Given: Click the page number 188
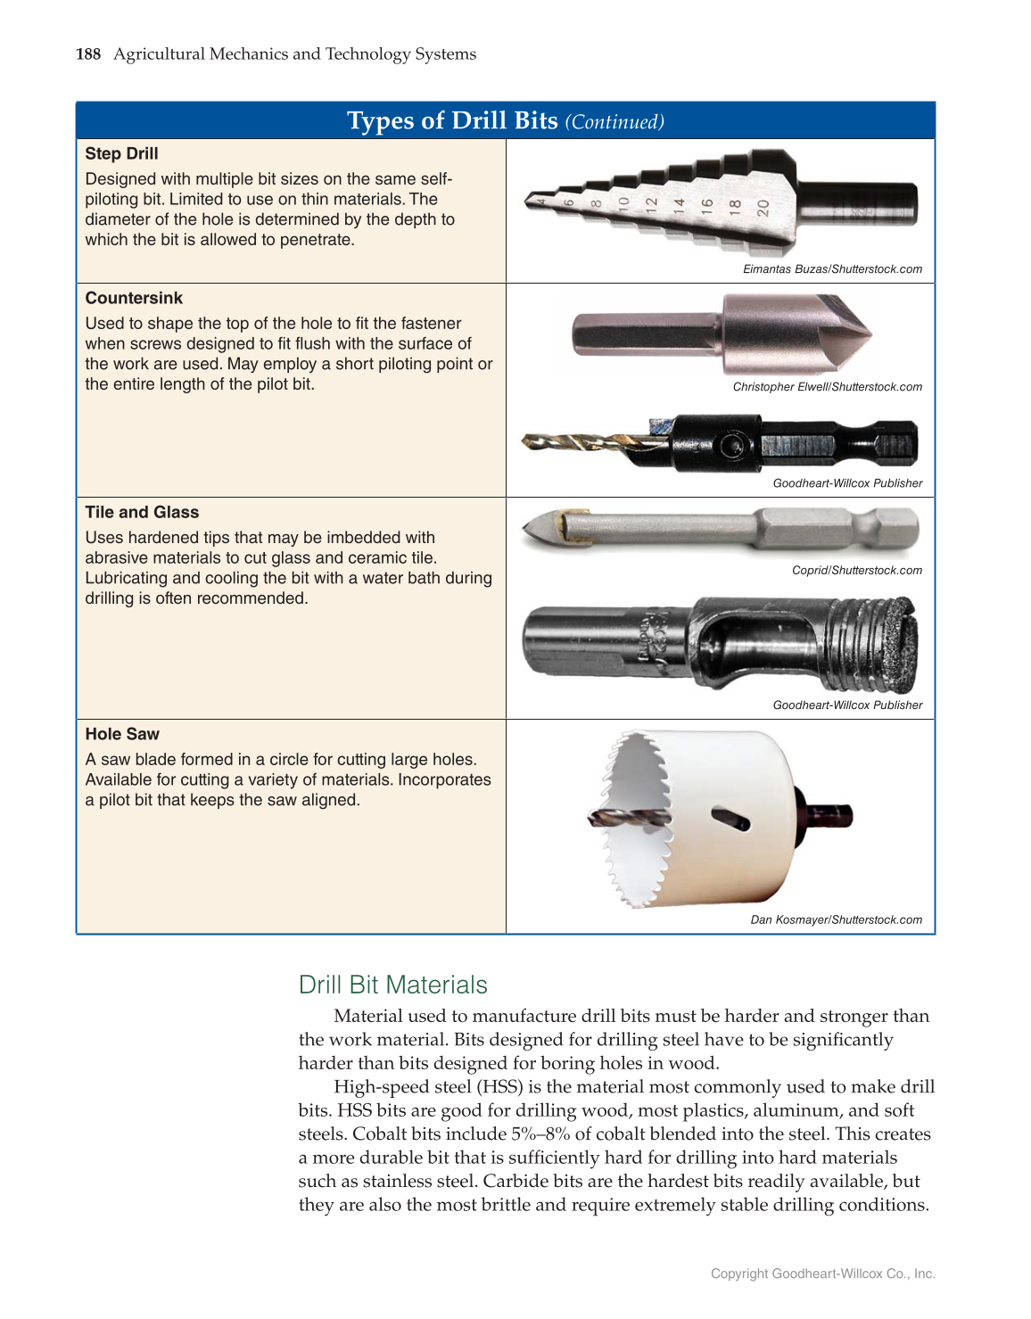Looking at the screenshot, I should (87, 54).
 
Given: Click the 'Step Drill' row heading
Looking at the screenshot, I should (121, 153).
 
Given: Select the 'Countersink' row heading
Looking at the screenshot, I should (134, 298).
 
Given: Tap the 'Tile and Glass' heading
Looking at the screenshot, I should (142, 512).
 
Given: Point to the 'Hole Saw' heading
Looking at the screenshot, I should (122, 734).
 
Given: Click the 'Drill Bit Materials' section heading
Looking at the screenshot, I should (392, 985).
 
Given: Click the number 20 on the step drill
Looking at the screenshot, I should (763, 207).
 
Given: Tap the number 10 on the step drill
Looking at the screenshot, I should (624, 203).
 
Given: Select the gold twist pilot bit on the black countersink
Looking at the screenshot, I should (580, 440).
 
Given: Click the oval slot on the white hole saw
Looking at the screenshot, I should (730, 818).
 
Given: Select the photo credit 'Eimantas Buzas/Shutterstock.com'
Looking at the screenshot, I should (832, 269).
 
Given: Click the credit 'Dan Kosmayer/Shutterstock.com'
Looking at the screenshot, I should (836, 919).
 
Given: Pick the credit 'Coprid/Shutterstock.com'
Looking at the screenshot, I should (856, 571).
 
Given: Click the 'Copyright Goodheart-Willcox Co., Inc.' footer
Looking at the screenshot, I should (822, 1274).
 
